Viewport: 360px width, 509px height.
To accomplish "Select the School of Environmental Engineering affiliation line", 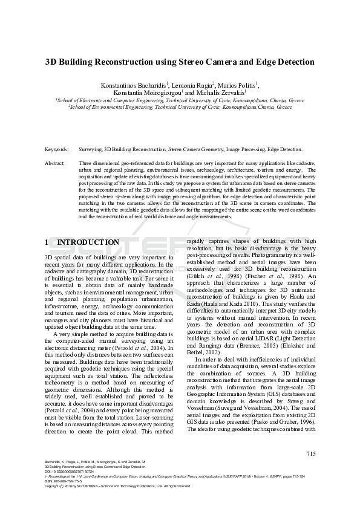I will (x=180, y=106).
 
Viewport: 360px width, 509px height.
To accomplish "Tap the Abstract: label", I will (x=56, y=163).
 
